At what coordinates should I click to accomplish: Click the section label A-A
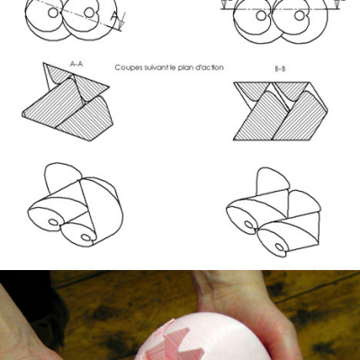pyautogui.click(x=76, y=64)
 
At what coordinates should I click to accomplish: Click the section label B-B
pyautogui.click(x=280, y=69)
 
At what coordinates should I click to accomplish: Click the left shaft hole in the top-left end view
pyautogui.click(x=53, y=13)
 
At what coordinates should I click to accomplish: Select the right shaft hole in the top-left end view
pyautogui.click(x=89, y=13)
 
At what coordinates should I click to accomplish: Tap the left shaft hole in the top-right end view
pyautogui.click(x=261, y=15)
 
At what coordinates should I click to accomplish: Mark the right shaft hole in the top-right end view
pyautogui.click(x=300, y=15)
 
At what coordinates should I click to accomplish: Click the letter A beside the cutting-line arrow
pyautogui.click(x=114, y=16)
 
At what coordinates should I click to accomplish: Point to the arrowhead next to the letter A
pyautogui.click(x=121, y=24)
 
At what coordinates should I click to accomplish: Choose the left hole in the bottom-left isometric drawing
pyautogui.click(x=53, y=222)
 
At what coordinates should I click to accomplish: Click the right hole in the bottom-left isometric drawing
pyautogui.click(x=86, y=238)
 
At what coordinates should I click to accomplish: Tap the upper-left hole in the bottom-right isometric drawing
pyautogui.click(x=248, y=224)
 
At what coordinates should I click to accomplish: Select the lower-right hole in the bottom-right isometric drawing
pyautogui.click(x=279, y=247)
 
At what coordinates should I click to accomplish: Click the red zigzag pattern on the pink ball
pyautogui.click(x=168, y=342)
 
